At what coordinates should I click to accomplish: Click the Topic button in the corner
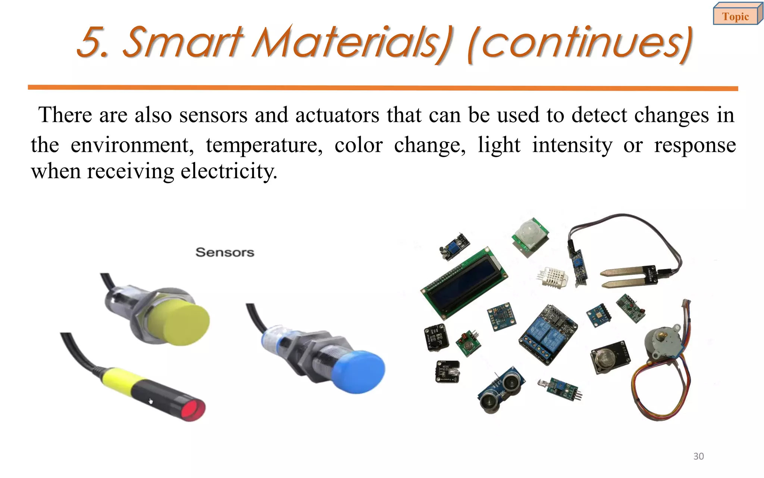(735, 16)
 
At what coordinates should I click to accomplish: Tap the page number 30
(698, 456)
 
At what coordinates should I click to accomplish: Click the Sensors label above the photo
(225, 252)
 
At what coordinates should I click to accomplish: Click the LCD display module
(464, 282)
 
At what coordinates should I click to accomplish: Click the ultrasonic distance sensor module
(502, 390)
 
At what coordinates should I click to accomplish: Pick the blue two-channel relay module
(547, 335)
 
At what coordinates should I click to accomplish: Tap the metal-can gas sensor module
(610, 357)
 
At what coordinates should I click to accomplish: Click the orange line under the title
(383, 88)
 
